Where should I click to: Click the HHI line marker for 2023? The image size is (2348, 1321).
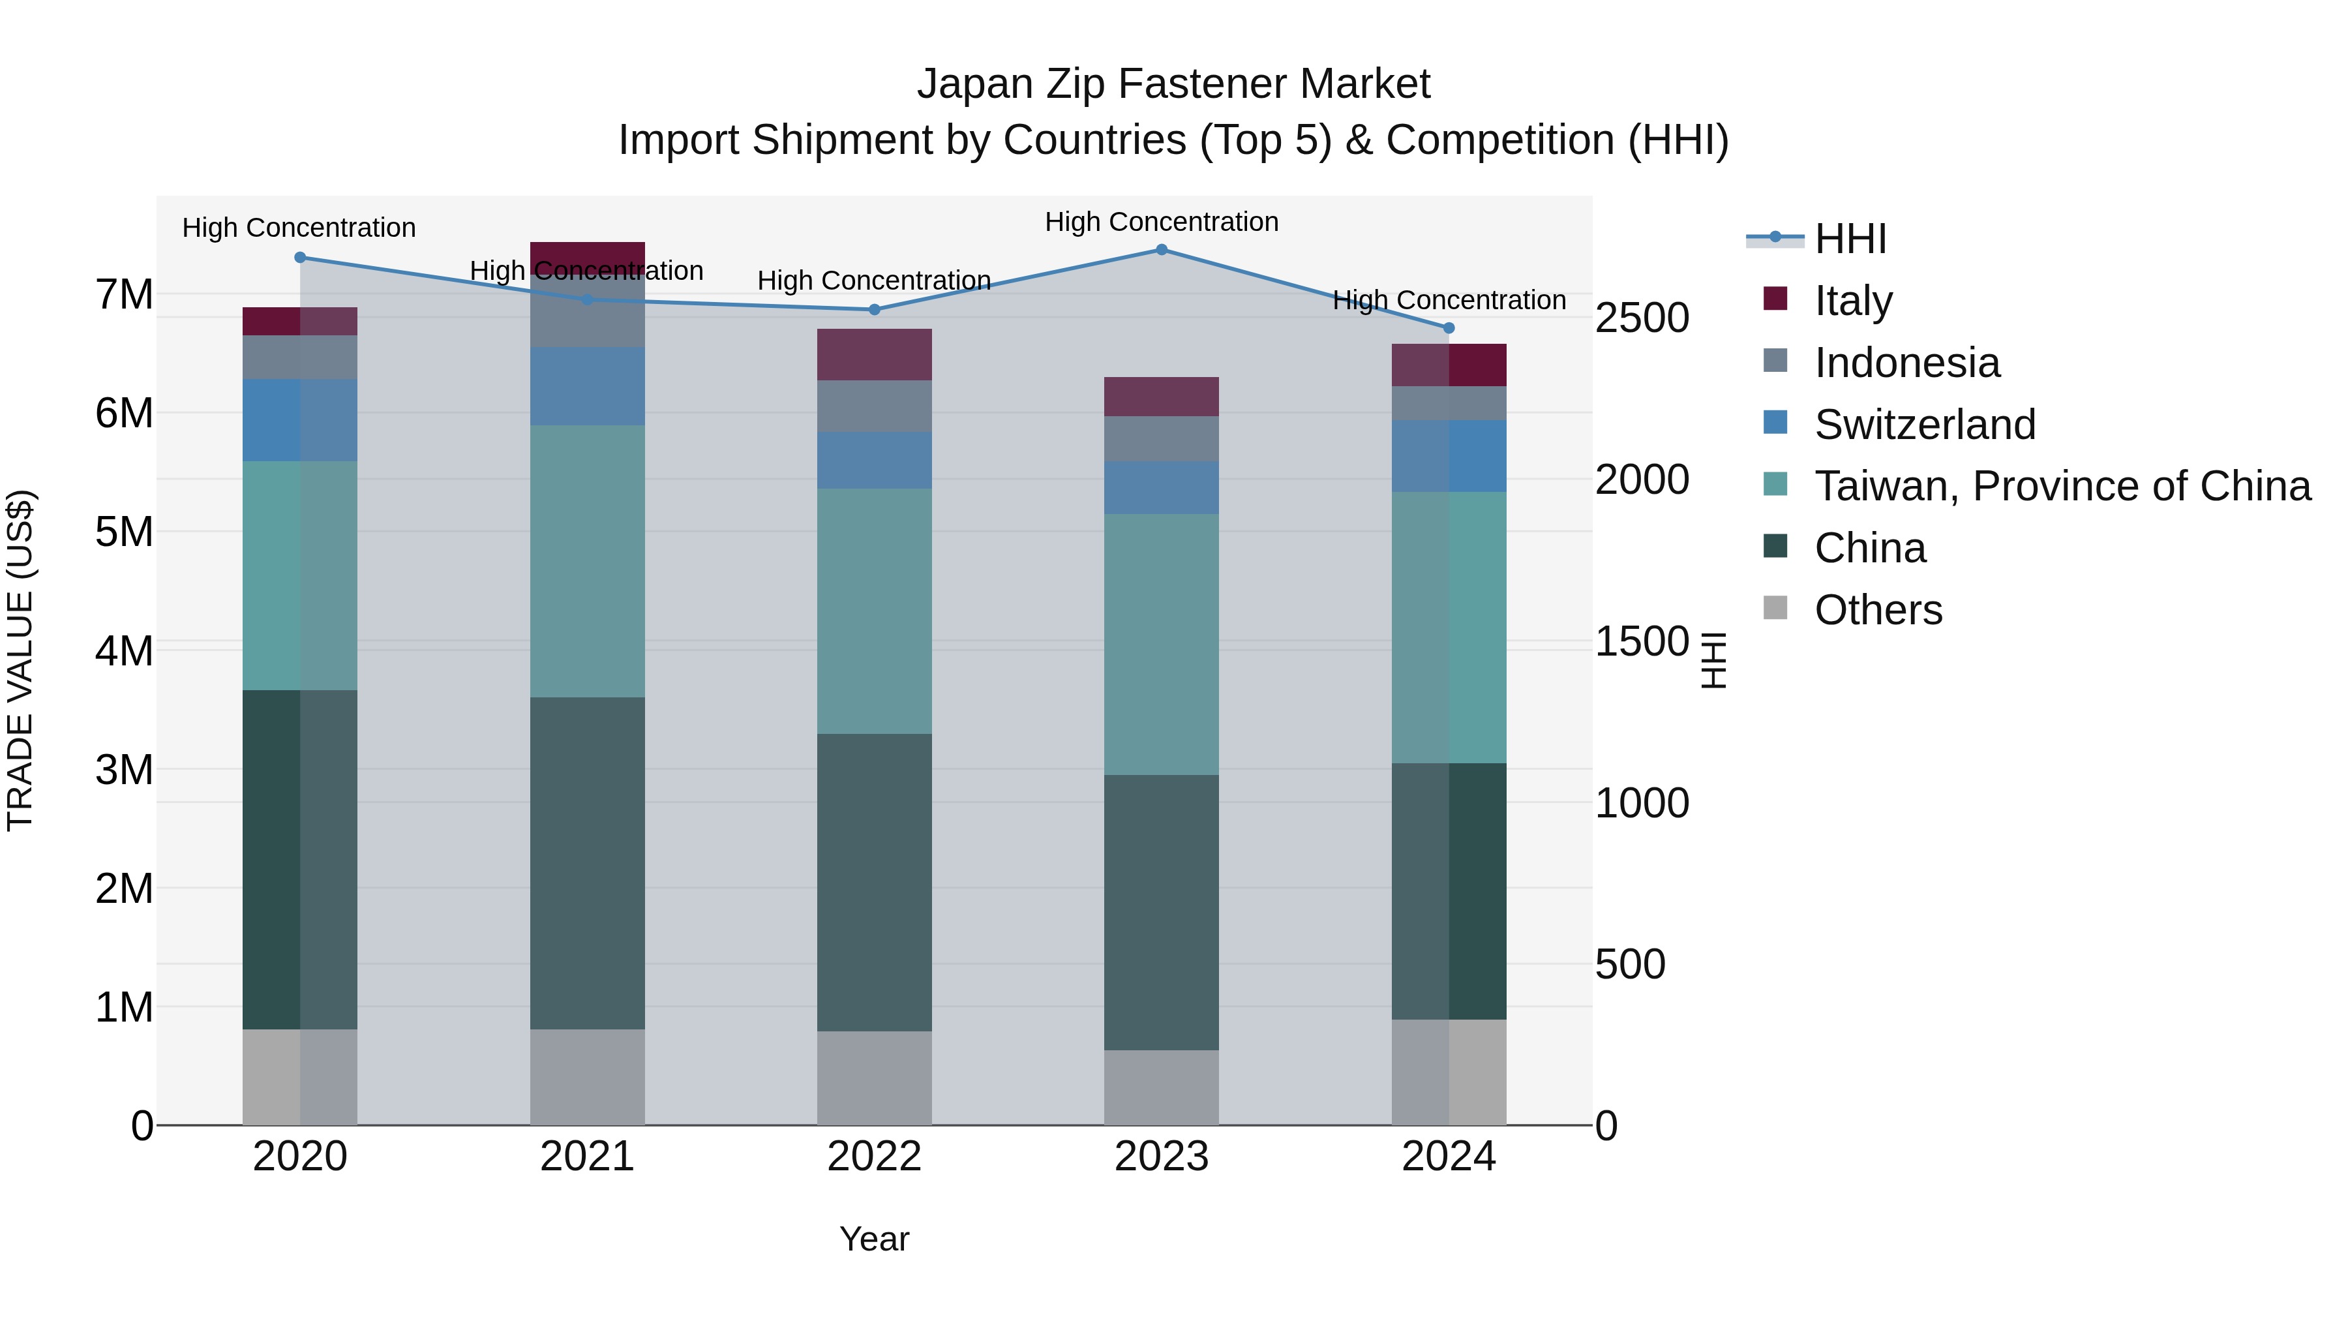click(x=1161, y=249)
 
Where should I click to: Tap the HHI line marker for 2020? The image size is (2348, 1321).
click(x=300, y=257)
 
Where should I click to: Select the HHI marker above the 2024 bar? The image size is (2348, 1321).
click(x=1449, y=327)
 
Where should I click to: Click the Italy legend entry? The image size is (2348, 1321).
click(x=1852, y=300)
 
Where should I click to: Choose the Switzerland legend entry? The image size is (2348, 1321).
click(x=1923, y=424)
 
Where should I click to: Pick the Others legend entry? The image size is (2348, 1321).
click(x=1878, y=609)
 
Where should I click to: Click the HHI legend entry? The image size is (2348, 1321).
click(x=1850, y=239)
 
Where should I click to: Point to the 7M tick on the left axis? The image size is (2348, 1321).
click(x=124, y=294)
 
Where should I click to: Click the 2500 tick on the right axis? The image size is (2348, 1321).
click(x=1642, y=318)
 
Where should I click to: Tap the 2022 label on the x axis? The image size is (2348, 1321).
click(x=874, y=1157)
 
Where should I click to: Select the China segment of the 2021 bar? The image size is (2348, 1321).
click(x=587, y=862)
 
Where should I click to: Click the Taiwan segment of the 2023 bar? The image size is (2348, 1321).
click(x=1161, y=644)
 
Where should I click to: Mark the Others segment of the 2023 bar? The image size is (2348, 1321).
click(x=1161, y=1087)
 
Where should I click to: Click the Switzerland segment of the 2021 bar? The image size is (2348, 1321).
click(x=587, y=386)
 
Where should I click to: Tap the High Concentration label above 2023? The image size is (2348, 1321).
click(x=1161, y=222)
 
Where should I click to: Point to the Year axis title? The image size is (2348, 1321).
click(x=874, y=1239)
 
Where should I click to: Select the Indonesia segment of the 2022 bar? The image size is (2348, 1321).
click(x=874, y=406)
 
